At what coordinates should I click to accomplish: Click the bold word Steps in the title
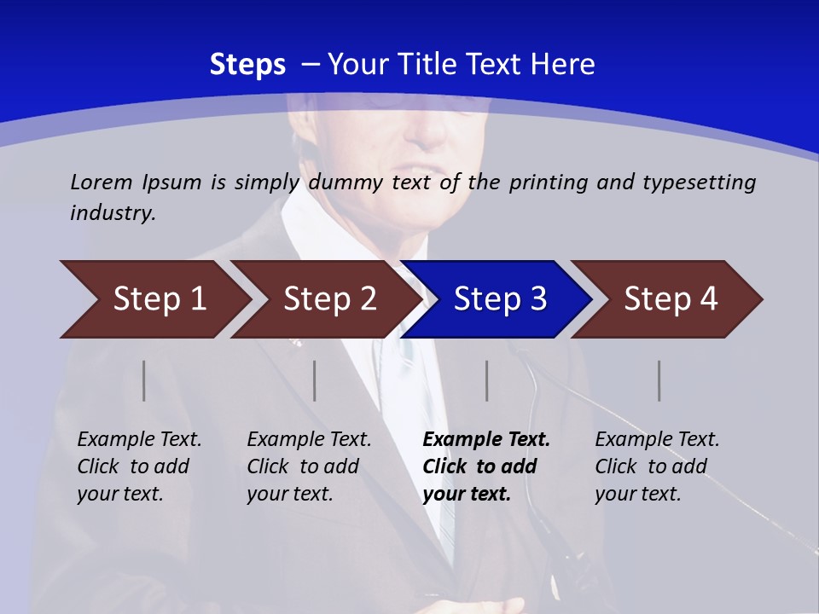click(247, 65)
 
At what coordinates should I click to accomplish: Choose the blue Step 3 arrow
click(500, 299)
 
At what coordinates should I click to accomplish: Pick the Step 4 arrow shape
click(671, 299)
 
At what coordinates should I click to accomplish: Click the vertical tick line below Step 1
click(144, 380)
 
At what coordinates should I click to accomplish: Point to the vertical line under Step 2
click(315, 380)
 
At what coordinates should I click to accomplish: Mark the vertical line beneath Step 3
click(487, 380)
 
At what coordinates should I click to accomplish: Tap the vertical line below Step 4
click(659, 380)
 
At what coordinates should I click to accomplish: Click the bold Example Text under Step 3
click(486, 440)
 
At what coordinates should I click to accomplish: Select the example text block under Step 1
click(139, 466)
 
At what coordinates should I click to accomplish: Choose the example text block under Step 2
click(309, 466)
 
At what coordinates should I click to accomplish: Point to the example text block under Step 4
click(657, 466)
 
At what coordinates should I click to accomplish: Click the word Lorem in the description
click(102, 182)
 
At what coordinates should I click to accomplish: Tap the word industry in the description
click(113, 213)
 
